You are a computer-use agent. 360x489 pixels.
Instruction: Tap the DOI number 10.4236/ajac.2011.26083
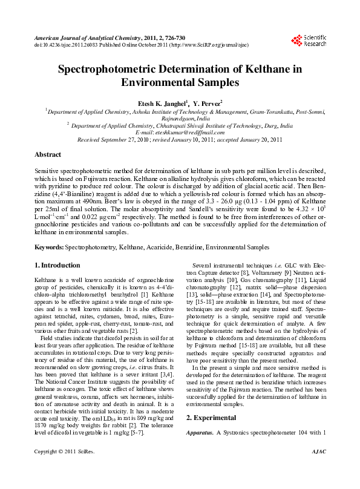point(70,45)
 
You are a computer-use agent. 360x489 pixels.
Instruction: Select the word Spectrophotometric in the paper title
point(105,69)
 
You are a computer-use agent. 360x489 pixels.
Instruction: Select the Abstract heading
point(48,155)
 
